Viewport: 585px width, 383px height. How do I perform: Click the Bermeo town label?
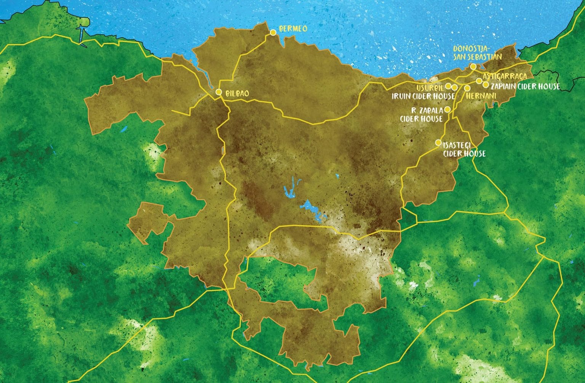pos(293,29)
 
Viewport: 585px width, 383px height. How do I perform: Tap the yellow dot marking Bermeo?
pos(273,33)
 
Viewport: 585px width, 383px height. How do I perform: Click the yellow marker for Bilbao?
pos(219,92)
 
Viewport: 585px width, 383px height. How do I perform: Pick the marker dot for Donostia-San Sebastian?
pos(473,66)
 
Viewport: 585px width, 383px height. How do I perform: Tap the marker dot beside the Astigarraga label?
pos(479,81)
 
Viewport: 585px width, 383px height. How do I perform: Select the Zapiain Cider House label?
pos(525,87)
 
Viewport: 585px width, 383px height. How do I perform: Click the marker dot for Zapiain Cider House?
pos(486,85)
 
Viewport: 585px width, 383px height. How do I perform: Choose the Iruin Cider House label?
pos(424,96)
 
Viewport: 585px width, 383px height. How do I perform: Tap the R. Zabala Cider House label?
pos(427,114)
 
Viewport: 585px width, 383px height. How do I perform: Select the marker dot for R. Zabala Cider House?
pos(448,109)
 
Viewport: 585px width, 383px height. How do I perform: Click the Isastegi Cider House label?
pos(464,150)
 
